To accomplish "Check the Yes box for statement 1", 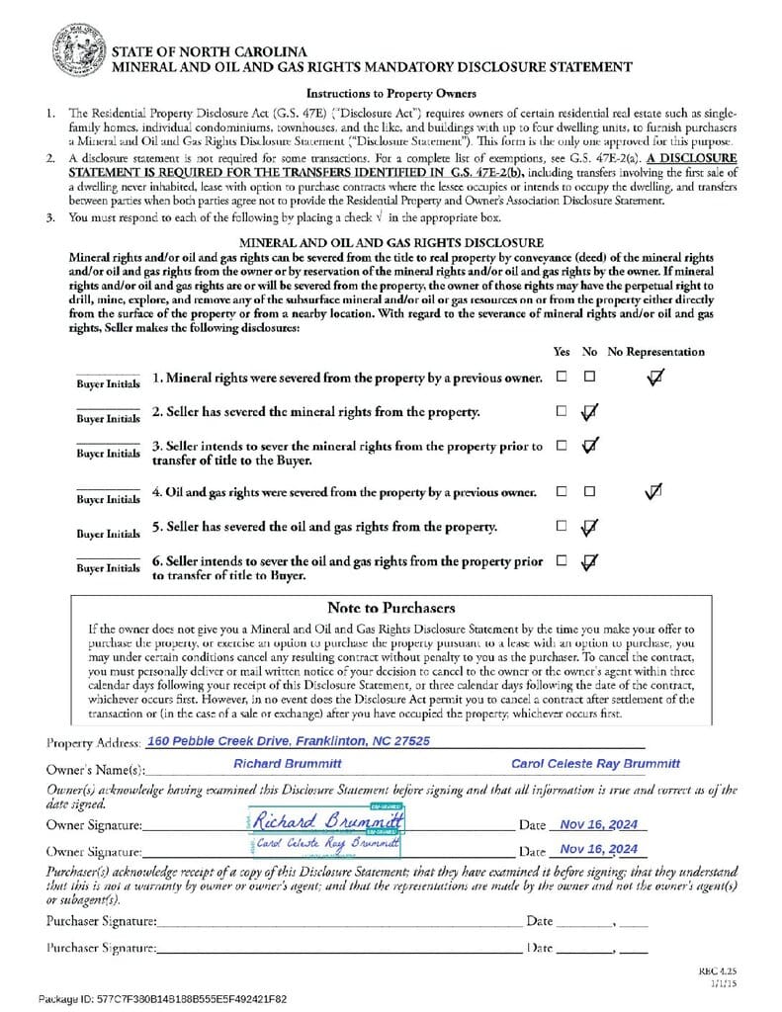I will click(562, 377).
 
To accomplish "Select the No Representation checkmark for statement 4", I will click(652, 490).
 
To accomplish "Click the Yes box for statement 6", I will click(562, 561).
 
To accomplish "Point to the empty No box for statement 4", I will click(590, 491).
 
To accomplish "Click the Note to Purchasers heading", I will click(391, 607).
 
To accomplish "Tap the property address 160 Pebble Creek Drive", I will click(288, 741).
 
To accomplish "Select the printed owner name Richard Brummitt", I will click(274, 763).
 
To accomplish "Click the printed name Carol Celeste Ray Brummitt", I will click(595, 763).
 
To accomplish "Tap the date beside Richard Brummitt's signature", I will click(598, 824).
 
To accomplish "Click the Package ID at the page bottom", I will click(163, 999).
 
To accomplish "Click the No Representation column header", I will click(655, 351).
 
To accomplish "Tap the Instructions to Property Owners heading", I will click(391, 94).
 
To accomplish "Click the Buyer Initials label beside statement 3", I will click(108, 454).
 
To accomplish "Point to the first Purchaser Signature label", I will click(102, 921).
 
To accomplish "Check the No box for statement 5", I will click(590, 527).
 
